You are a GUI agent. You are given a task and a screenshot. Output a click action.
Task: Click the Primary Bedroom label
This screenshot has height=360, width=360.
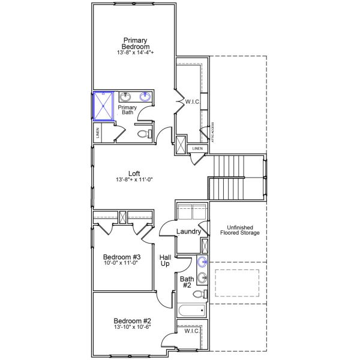click(135, 43)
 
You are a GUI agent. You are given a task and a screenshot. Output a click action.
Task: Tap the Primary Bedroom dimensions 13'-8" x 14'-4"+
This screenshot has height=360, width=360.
click(135, 53)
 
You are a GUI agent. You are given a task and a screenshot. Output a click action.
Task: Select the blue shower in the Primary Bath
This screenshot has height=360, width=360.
click(103, 106)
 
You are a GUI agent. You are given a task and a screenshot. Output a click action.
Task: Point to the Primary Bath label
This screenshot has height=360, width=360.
click(127, 110)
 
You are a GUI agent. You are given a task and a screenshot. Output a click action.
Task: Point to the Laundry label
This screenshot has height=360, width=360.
click(188, 232)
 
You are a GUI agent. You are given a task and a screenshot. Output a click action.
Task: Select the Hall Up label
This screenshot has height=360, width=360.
click(165, 261)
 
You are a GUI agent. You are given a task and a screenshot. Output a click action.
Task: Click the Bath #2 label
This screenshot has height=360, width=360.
click(187, 282)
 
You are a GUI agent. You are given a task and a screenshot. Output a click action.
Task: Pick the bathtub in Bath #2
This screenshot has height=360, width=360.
click(191, 311)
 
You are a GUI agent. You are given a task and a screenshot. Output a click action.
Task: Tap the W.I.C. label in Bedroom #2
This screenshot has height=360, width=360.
click(192, 331)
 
